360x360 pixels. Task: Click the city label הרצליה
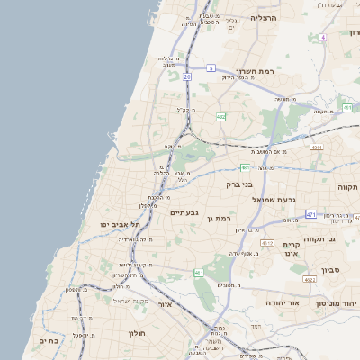[x=265, y=17]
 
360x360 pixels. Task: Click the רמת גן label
[x=220, y=218]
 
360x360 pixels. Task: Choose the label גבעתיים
[x=183, y=213]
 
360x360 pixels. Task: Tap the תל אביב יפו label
[x=118, y=223]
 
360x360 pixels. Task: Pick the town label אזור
[x=165, y=304]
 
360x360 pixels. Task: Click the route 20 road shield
[x=187, y=77]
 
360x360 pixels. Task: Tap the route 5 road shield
[x=209, y=67]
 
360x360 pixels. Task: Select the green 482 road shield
[x=220, y=117]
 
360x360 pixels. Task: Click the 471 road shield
[x=310, y=214]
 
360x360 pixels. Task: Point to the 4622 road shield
[x=310, y=280]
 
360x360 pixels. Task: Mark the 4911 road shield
[x=316, y=147]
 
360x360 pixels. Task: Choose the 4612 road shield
[x=267, y=243]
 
